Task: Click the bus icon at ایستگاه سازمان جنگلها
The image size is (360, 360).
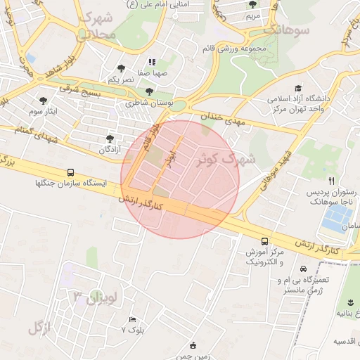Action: point(70,172)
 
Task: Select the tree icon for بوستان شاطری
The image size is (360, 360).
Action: point(148,91)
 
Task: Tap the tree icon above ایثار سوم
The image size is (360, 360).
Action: point(44,100)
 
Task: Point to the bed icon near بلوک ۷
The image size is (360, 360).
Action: point(132,319)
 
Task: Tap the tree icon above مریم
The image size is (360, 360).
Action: point(252,4)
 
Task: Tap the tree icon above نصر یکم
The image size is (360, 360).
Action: point(121,69)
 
